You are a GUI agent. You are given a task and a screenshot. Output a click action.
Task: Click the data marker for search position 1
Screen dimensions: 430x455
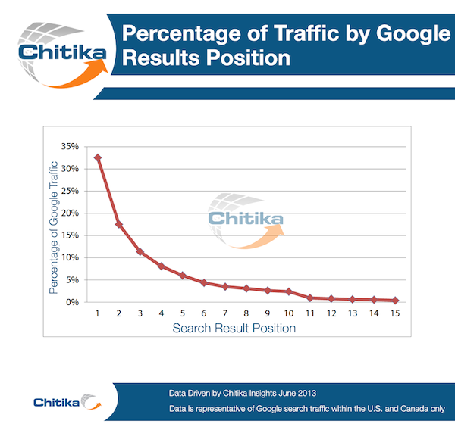click(98, 157)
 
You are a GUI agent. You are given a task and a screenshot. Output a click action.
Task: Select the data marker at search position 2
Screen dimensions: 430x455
click(119, 224)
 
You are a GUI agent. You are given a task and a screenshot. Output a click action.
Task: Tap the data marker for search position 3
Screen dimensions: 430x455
click(140, 251)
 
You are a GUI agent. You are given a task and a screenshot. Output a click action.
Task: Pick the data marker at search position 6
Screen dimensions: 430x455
click(204, 282)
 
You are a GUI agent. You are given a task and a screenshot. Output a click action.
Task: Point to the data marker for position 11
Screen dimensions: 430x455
click(310, 298)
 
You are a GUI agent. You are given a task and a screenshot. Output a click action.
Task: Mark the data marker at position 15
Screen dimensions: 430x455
click(395, 301)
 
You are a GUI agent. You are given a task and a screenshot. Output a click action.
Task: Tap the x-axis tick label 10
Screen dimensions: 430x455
click(288, 313)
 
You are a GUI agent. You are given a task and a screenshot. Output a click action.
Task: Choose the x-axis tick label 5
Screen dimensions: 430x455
click(183, 313)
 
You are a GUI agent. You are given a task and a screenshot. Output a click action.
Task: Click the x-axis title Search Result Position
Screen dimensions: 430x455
click(234, 329)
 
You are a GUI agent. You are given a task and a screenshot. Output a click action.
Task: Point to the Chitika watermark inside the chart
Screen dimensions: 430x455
click(245, 220)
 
